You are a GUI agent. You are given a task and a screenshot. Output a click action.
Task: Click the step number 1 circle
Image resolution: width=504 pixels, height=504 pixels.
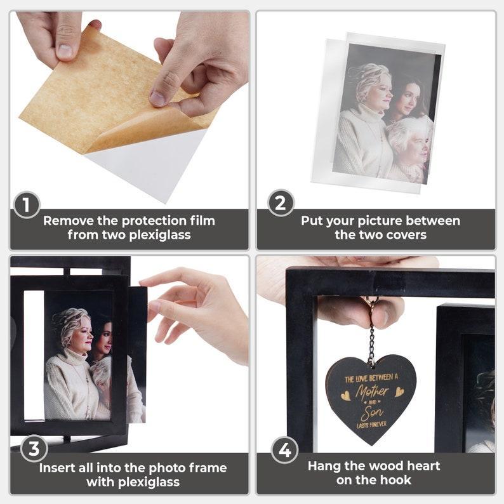click(27, 206)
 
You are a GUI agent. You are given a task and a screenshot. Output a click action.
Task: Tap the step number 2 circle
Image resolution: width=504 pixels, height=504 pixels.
click(281, 203)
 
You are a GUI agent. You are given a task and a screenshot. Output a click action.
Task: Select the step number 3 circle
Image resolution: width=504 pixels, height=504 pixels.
click(34, 449)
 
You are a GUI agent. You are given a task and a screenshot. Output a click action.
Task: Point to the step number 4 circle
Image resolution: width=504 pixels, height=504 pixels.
click(284, 450)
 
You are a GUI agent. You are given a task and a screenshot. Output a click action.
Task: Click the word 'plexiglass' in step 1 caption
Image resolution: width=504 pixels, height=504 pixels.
click(160, 235)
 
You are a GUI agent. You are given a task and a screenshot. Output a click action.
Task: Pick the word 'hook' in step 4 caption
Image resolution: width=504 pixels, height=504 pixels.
click(397, 480)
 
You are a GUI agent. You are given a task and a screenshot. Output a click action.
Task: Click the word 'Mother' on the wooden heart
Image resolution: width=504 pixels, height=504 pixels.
click(372, 391)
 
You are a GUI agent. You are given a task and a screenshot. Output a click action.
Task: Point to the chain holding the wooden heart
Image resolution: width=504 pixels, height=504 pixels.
click(372, 344)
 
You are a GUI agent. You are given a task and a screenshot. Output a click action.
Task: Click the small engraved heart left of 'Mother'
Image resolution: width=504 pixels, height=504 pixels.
click(346, 395)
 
